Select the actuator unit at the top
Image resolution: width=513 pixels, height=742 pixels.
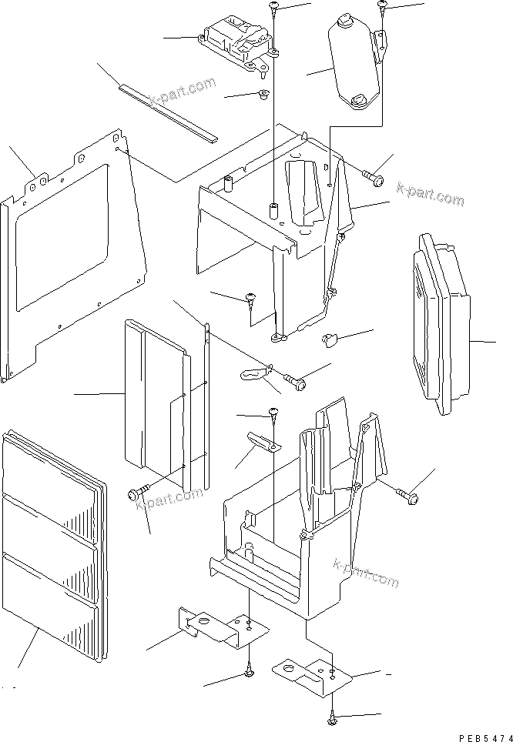(x=235, y=45)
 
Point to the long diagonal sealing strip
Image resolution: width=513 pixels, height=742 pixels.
(x=168, y=112)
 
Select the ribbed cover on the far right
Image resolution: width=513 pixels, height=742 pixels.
(x=440, y=323)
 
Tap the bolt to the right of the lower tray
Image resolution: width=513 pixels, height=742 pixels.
(x=407, y=495)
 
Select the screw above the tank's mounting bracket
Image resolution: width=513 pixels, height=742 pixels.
(x=382, y=7)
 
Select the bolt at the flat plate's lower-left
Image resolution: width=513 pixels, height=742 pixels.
(x=142, y=490)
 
